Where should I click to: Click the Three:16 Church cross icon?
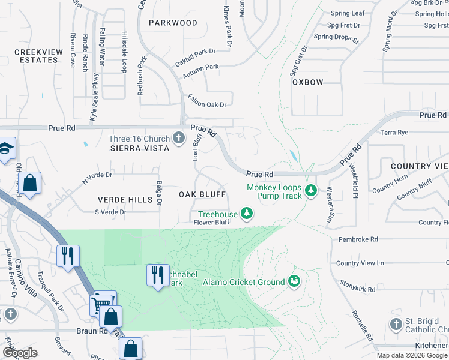point(178,139)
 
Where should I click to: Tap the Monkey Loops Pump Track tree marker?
point(310,191)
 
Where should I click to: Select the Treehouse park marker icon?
point(246,212)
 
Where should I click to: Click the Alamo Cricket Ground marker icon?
point(294,280)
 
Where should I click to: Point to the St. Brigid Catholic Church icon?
point(395,325)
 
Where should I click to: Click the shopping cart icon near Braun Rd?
point(100,305)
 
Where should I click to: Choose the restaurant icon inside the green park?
point(157,275)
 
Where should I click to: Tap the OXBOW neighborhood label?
point(308,82)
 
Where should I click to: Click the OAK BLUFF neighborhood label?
point(202,194)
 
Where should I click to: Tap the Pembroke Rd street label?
point(358,239)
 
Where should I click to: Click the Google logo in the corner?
point(20,353)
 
